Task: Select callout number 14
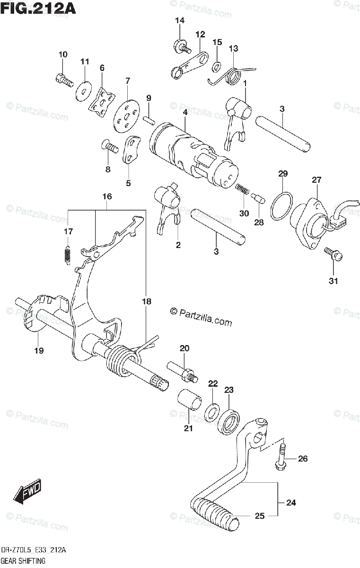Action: click(179, 20)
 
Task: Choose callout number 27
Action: click(316, 180)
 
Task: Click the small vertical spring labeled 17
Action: click(68, 254)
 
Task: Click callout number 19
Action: click(39, 350)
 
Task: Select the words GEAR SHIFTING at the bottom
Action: click(23, 561)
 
